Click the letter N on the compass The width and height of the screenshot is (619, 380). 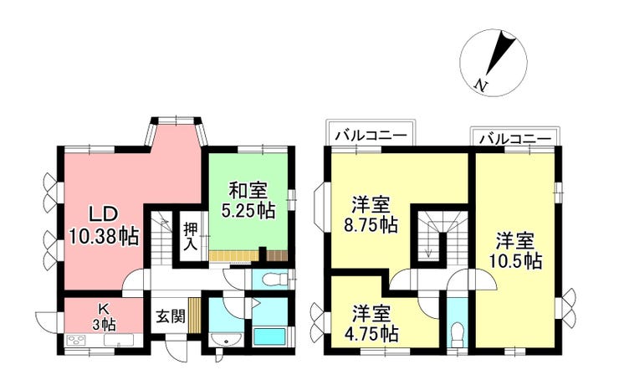point(480,85)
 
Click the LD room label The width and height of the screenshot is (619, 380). point(104,214)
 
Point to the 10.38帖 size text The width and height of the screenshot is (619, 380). point(104,237)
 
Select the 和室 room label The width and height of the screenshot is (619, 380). point(248,190)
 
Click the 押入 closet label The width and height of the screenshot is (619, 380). point(191,237)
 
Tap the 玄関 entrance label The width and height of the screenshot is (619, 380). point(171,316)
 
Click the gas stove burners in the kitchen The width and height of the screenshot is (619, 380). point(77,340)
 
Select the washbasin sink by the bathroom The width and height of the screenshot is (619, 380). point(225,340)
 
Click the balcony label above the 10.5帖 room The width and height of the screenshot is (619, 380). point(514,139)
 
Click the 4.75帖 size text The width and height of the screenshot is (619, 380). point(371,335)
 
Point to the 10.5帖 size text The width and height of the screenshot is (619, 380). point(515,260)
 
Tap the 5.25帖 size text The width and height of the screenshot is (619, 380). point(248,210)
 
